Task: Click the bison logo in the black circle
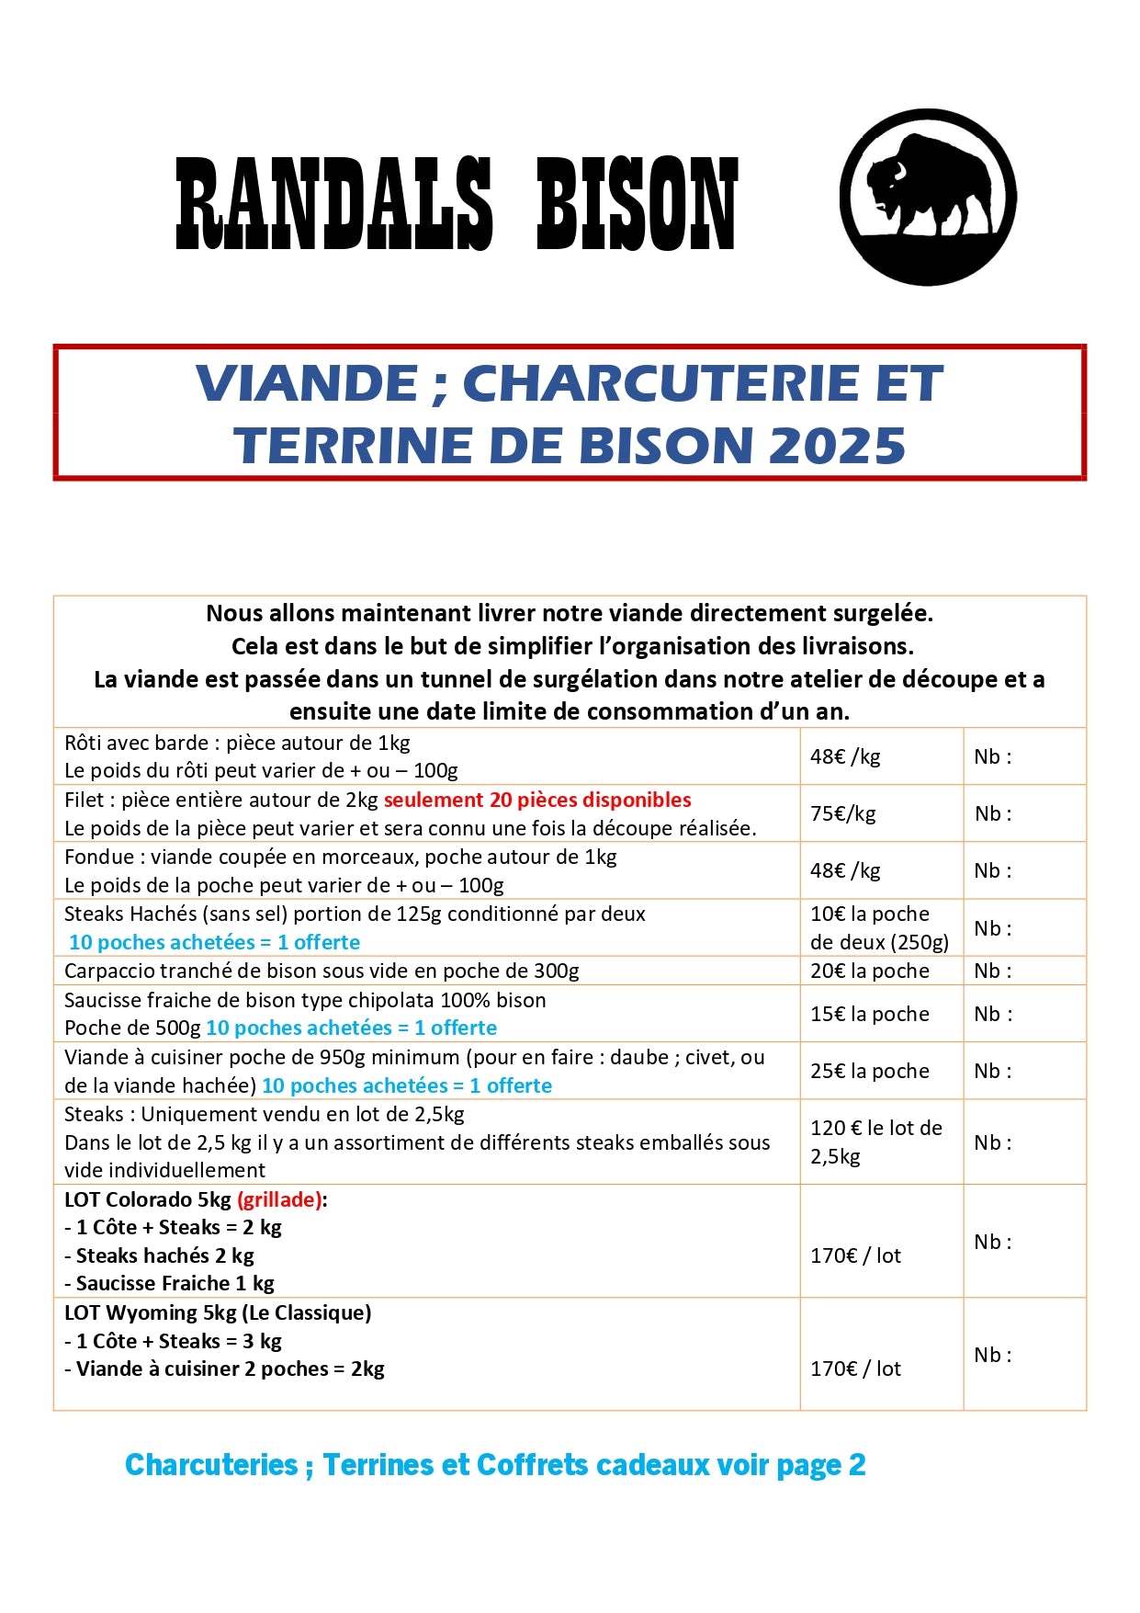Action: [928, 197]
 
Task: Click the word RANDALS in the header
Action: [334, 204]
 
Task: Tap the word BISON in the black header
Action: [637, 204]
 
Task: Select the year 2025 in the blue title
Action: [837, 446]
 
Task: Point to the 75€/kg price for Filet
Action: [842, 813]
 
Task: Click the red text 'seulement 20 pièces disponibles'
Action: [537, 800]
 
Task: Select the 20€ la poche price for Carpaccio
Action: [869, 971]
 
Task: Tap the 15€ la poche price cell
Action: [869, 1014]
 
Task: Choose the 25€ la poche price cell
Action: [869, 1071]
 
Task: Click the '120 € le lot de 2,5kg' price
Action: [875, 1142]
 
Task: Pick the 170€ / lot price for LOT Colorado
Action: [855, 1255]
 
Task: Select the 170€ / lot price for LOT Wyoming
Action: [855, 1369]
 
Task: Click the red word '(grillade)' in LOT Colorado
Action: [279, 1199]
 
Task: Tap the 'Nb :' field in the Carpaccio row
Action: [992, 971]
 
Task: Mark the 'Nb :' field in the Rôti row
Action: [992, 756]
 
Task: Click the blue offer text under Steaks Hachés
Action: [214, 942]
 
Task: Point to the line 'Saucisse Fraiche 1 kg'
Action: [175, 1283]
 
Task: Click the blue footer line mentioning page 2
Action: [495, 1465]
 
